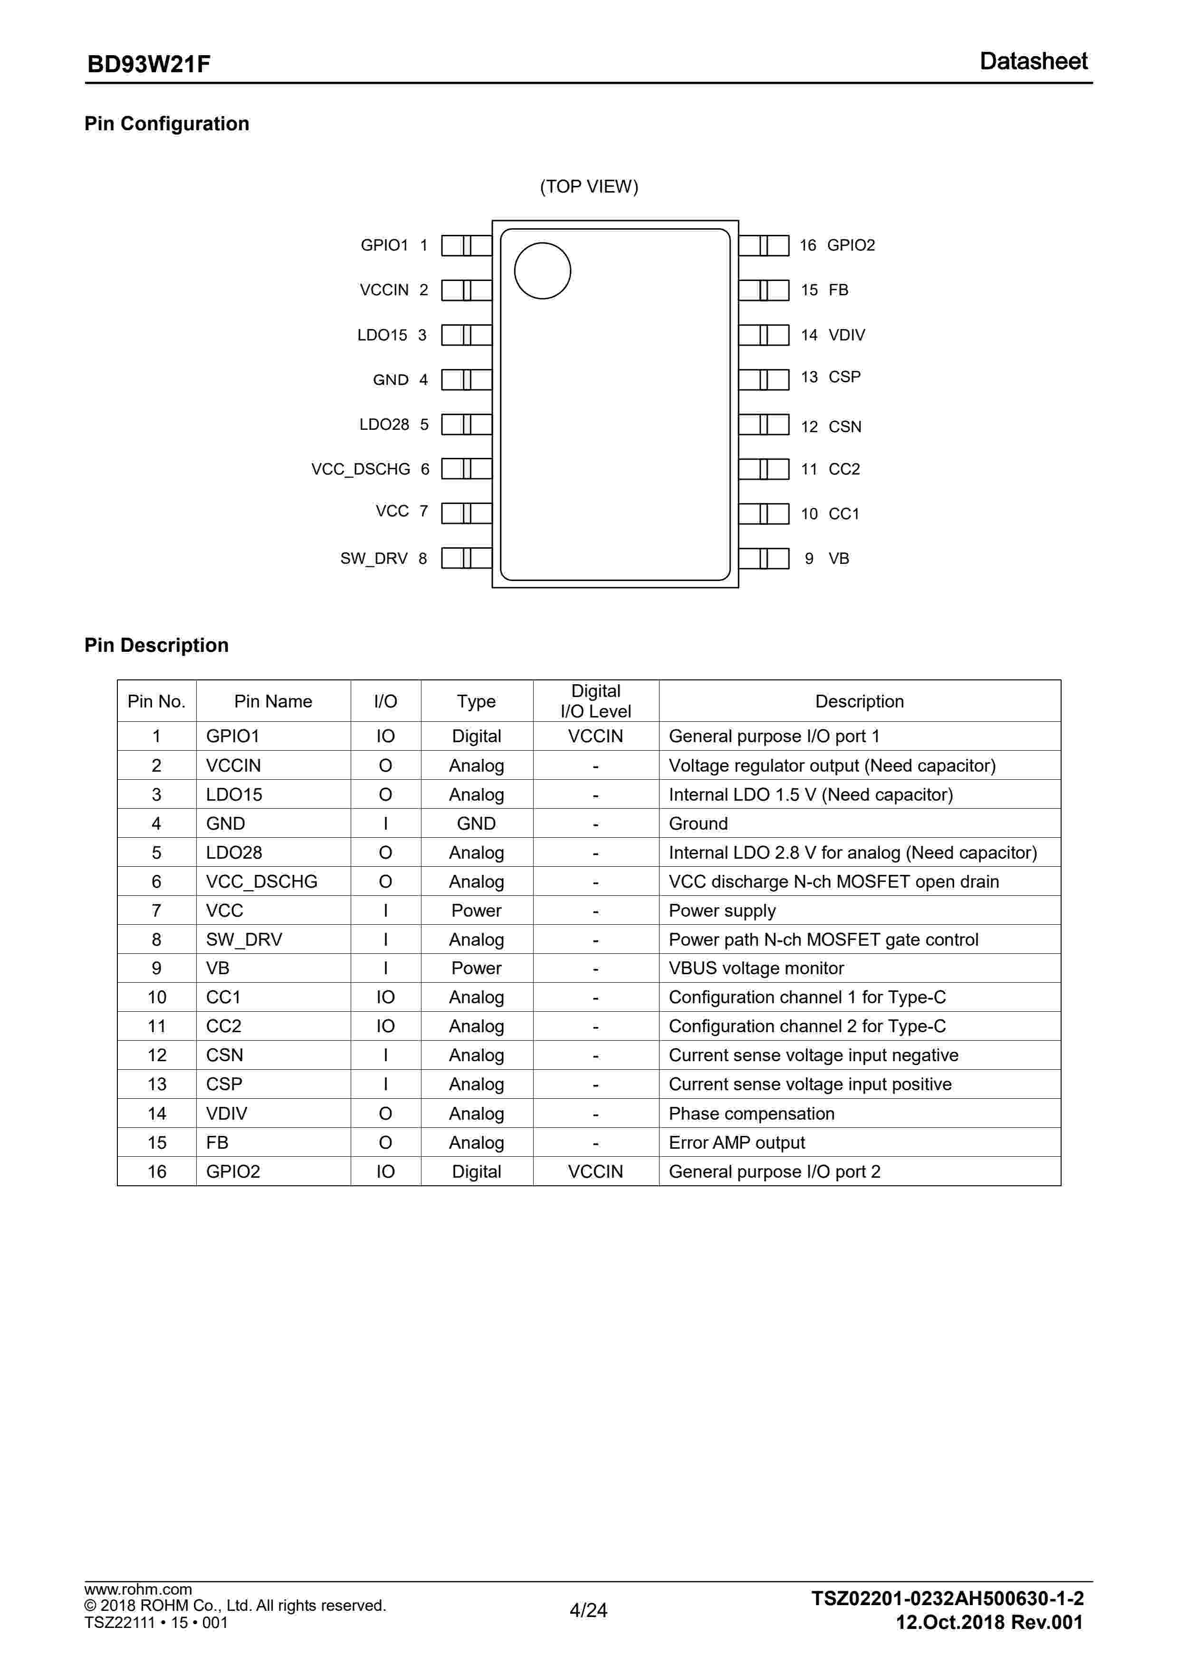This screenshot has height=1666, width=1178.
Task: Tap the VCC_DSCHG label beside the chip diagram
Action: pyautogui.click(x=361, y=469)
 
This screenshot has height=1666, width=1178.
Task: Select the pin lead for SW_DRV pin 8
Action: pyautogui.click(x=467, y=558)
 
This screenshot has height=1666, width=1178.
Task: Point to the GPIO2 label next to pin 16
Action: pyautogui.click(x=851, y=245)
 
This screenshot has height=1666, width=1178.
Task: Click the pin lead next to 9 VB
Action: pyautogui.click(x=764, y=558)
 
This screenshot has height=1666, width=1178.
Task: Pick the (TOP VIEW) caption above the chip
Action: pyautogui.click(x=589, y=186)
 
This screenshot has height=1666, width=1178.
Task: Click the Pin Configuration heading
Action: pyautogui.click(x=167, y=124)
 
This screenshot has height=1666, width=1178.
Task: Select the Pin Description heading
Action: pyautogui.click(x=157, y=645)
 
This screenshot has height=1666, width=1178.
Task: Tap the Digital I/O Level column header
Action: pyautogui.click(x=595, y=701)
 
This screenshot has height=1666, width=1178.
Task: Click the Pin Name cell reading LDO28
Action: pyautogui.click(x=234, y=852)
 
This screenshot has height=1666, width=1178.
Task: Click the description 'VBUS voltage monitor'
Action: pyautogui.click(x=756, y=968)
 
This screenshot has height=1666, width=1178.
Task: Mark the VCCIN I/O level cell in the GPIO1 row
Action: pyautogui.click(x=595, y=736)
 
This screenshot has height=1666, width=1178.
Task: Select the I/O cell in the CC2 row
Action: pyautogui.click(x=385, y=1026)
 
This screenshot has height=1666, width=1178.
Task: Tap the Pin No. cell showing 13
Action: pyautogui.click(x=157, y=1084)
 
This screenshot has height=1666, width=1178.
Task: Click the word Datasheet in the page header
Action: pyautogui.click(x=1033, y=62)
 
